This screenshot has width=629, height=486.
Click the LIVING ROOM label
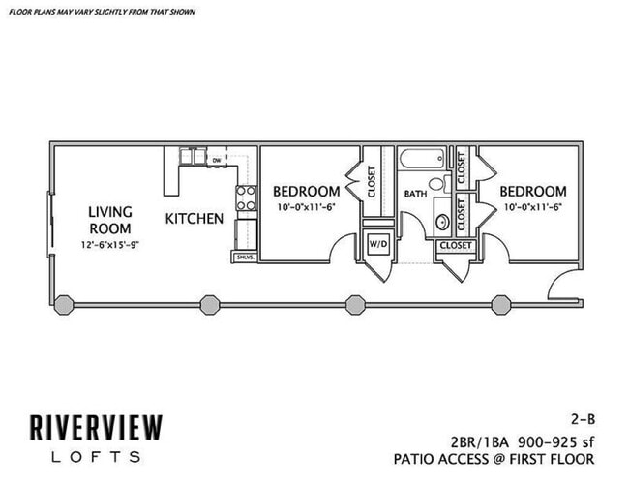[x=110, y=220]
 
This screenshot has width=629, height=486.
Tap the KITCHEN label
[x=195, y=219]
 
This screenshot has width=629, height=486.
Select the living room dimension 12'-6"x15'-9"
[x=110, y=245]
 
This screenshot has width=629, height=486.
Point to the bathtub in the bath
[x=420, y=160]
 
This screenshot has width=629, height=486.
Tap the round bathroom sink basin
[x=442, y=221]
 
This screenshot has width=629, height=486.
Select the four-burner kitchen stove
[x=246, y=198]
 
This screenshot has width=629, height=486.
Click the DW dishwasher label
[x=218, y=160]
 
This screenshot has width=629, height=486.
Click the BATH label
[x=415, y=194]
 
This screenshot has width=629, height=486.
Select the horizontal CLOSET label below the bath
[x=456, y=246]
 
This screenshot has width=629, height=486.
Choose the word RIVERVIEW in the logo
[x=95, y=428]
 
